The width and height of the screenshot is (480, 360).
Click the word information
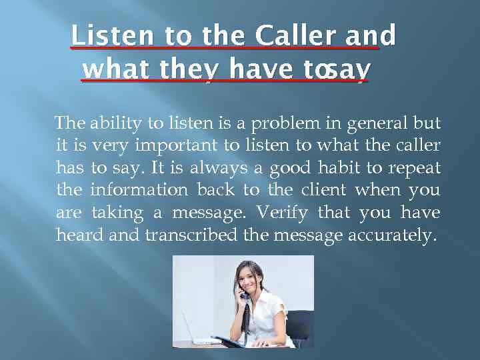click(x=139, y=189)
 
